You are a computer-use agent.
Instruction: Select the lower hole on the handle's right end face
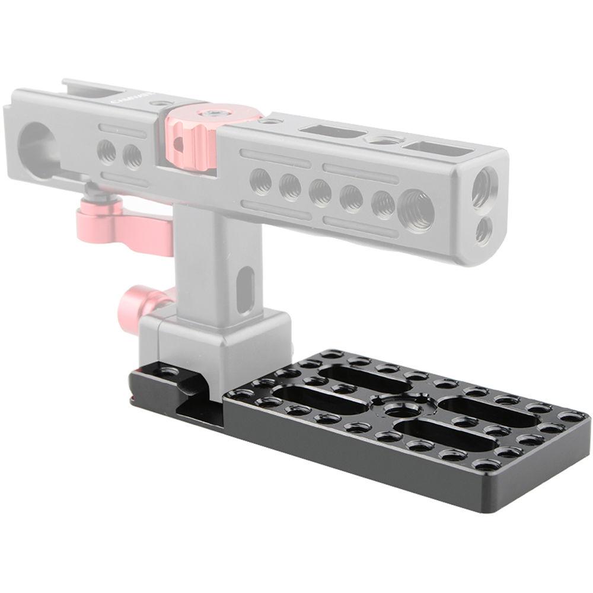pyautogui.click(x=484, y=231)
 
